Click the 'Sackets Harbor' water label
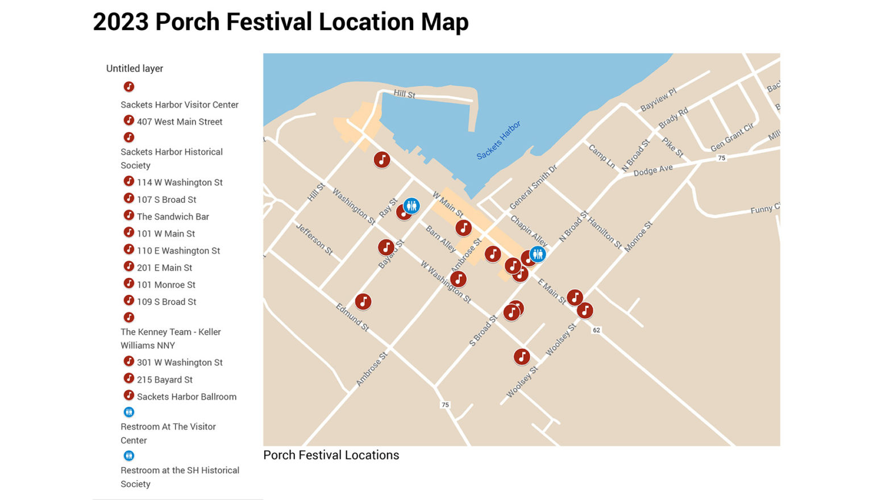[498, 140]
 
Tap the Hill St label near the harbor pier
[405, 94]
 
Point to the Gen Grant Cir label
[732, 137]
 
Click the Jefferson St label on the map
[314, 239]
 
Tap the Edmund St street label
[352, 317]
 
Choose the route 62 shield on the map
[596, 330]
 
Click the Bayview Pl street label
[658, 99]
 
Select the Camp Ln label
[602, 156]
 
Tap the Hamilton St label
[605, 232]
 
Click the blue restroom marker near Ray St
[411, 206]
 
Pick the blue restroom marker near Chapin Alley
[538, 254]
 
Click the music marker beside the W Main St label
[463, 228]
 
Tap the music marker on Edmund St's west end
[363, 302]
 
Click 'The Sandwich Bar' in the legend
[173, 216]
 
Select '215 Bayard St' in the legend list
[165, 380]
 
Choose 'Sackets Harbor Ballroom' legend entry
[186, 397]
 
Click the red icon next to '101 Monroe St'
[129, 284]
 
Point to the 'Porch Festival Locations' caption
[331, 455]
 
